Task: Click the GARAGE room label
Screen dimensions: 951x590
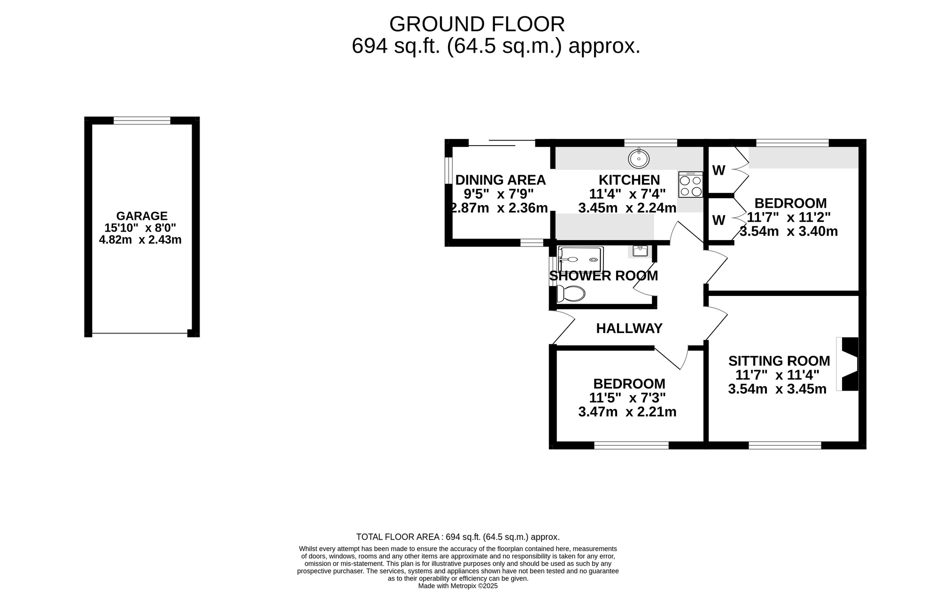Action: pyautogui.click(x=142, y=216)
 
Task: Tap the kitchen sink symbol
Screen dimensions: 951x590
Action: pyautogui.click(x=639, y=158)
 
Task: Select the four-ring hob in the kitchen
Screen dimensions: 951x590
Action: pyautogui.click(x=690, y=184)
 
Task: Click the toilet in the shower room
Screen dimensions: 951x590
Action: pyautogui.click(x=571, y=294)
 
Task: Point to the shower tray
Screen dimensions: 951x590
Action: pyautogui.click(x=580, y=259)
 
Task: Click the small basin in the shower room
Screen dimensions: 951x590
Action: pyautogui.click(x=640, y=251)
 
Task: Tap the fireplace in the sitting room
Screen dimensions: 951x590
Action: pyautogui.click(x=848, y=364)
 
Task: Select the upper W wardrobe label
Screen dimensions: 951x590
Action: pyautogui.click(x=719, y=171)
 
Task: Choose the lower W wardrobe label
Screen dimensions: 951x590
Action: pyautogui.click(x=719, y=220)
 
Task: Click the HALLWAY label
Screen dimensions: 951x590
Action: pyautogui.click(x=629, y=328)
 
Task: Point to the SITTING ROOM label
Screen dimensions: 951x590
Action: pyautogui.click(x=779, y=361)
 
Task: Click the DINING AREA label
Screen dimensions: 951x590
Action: pyautogui.click(x=501, y=180)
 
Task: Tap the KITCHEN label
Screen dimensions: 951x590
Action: pyautogui.click(x=629, y=180)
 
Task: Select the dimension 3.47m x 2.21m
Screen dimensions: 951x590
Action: pyautogui.click(x=627, y=412)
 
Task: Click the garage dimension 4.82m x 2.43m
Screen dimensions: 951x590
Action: pyautogui.click(x=140, y=240)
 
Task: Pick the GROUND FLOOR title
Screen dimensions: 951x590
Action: pyautogui.click(x=477, y=24)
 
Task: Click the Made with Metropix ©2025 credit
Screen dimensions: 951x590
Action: pyautogui.click(x=458, y=586)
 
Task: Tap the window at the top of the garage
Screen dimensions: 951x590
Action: pyautogui.click(x=142, y=121)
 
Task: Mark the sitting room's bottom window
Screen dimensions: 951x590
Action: pyautogui.click(x=785, y=445)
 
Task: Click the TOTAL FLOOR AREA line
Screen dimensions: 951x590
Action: pyautogui.click(x=458, y=537)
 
